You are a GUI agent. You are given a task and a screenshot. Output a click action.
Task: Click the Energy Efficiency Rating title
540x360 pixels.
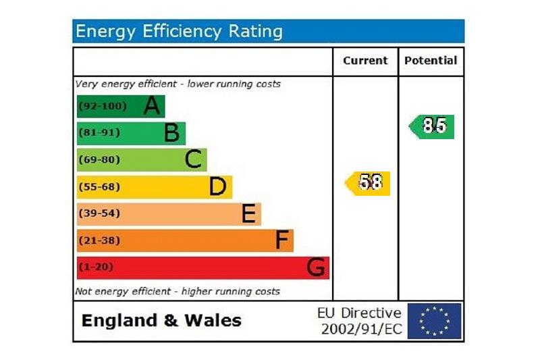[179, 31]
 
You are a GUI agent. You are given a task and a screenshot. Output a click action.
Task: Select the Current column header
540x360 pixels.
[365, 61]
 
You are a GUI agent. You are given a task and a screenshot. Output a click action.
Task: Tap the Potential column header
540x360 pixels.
[431, 61]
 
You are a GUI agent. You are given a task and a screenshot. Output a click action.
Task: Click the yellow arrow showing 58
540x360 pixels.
[369, 183]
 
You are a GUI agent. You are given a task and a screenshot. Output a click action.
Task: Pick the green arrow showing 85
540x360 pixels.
[433, 126]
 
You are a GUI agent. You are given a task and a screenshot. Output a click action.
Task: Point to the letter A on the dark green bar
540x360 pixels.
[153, 106]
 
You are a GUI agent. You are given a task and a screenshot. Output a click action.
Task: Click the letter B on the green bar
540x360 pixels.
[172, 133]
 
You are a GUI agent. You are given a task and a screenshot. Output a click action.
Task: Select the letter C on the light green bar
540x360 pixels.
[193, 159]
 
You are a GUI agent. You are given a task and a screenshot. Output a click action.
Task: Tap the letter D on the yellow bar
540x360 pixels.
[217, 186]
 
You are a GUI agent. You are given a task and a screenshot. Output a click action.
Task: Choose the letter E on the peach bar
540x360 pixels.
[248, 213]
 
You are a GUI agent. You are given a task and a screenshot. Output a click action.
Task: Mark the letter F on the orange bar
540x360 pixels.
[282, 240]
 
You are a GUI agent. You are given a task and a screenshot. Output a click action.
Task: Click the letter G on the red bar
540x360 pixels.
[315, 267]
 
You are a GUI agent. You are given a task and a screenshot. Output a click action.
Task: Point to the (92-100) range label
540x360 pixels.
[102, 106]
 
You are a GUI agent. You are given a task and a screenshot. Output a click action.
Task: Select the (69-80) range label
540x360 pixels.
[99, 160]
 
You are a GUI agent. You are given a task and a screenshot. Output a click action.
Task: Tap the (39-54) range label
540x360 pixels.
[99, 213]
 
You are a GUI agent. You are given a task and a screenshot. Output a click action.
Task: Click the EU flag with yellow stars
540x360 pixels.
[434, 321]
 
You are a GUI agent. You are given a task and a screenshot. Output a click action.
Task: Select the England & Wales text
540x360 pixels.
[161, 320]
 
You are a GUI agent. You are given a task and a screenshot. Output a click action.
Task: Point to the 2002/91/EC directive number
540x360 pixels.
[361, 329]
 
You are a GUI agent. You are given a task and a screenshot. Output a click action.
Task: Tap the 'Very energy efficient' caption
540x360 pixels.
[178, 84]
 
